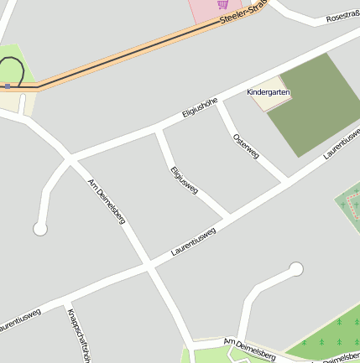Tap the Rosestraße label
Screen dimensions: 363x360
coord(342,16)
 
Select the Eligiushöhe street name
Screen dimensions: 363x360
coord(200,108)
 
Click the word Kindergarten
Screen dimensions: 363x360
coord(269,91)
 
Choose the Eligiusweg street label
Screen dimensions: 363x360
coord(184,180)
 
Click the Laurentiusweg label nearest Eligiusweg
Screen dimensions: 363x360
coord(193,241)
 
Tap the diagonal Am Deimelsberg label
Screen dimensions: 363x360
coord(107,201)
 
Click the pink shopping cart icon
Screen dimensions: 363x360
coord(223,4)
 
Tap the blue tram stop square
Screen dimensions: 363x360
coord(8,86)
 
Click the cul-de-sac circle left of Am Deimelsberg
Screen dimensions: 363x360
coord(39,228)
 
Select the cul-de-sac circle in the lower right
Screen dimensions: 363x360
coord(295,268)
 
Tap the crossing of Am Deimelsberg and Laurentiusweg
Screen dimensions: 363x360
coord(149,265)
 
